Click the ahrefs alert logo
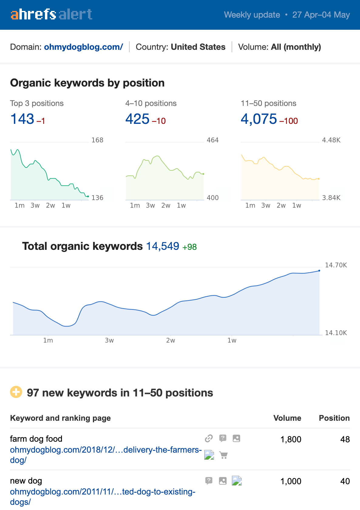coord(51,14)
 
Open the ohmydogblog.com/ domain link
coord(83,47)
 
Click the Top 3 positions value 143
coord(22,119)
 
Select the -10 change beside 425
coord(159,121)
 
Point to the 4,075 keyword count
coord(259,119)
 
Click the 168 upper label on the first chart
coord(97,140)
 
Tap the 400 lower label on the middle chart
coord(212,198)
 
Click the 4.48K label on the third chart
coord(331,140)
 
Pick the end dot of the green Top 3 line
coord(88,196)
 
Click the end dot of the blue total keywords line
coord(319,270)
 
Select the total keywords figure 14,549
coord(163,246)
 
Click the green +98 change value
coord(189,247)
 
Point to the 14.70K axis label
coord(336,265)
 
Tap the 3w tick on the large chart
coord(109,340)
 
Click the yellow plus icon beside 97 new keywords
coord(16,392)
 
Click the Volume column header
coord(287,418)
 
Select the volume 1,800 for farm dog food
coord(291,439)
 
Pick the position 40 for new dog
coord(345,481)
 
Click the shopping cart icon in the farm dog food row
coord(224,455)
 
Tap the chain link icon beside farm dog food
coord(209,438)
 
